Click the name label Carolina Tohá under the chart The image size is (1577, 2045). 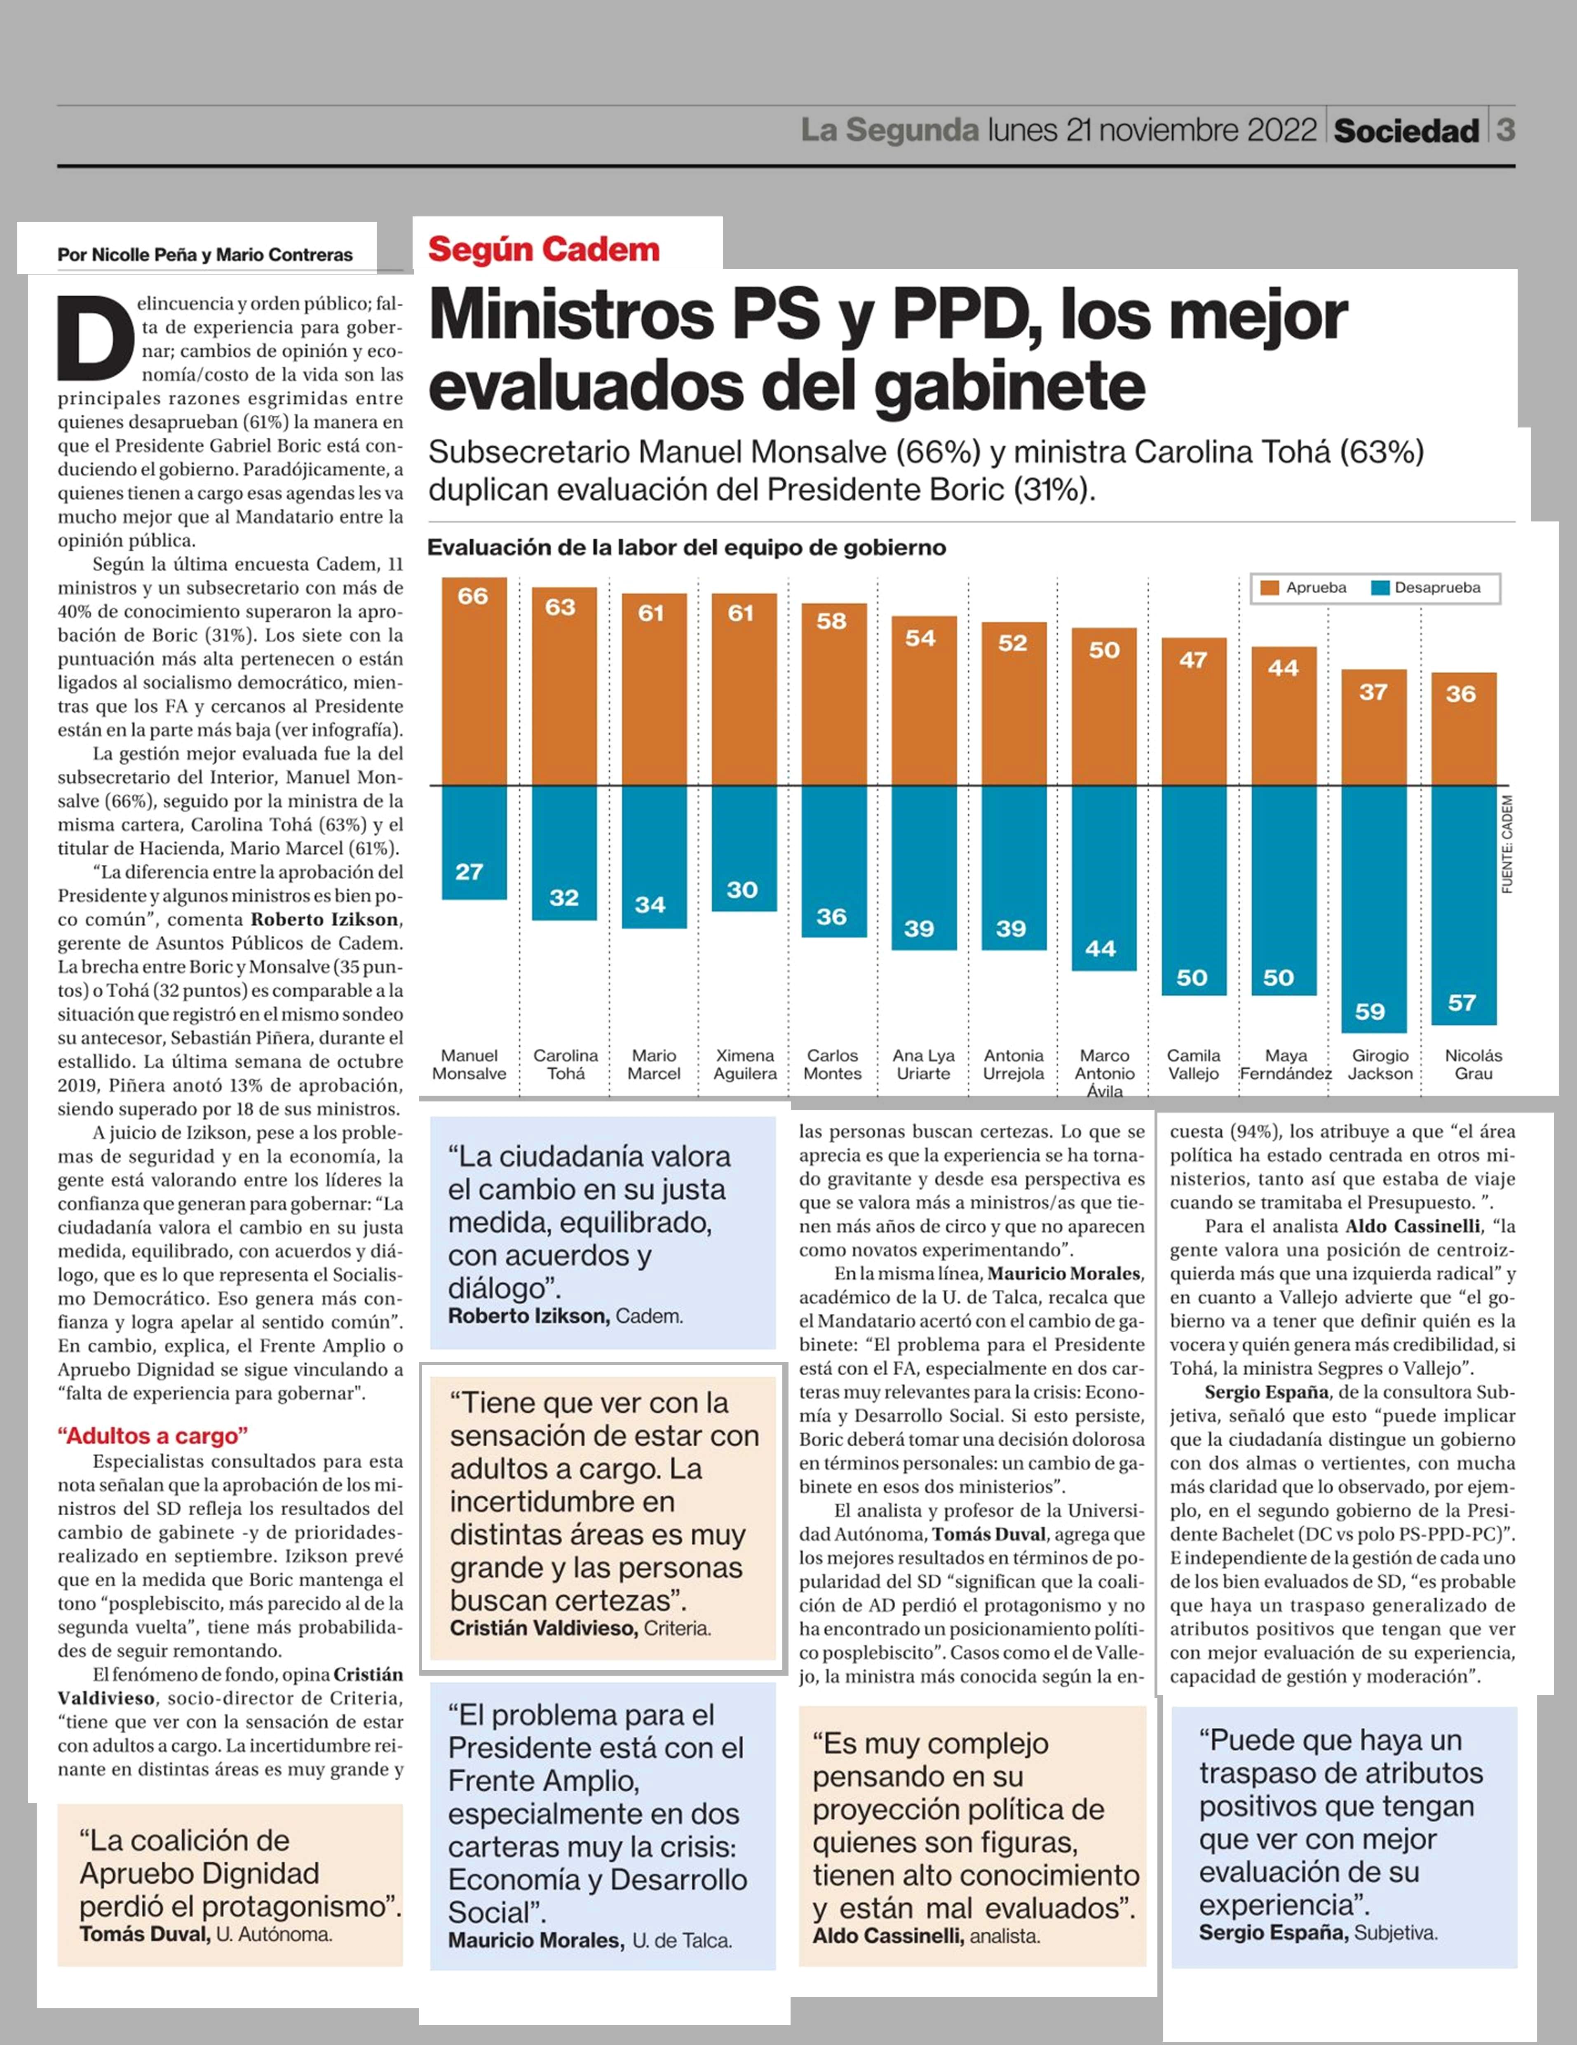pyautogui.click(x=566, y=1065)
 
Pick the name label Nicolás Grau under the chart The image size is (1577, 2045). pyautogui.click(x=1473, y=1065)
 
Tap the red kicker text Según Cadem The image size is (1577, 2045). pyautogui.click(x=544, y=250)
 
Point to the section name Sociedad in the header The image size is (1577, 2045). pyautogui.click(x=1406, y=131)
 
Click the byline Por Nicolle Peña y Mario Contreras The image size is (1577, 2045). pyautogui.click(x=205, y=255)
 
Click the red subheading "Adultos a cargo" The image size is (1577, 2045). pyautogui.click(x=153, y=1435)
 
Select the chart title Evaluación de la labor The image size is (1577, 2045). pyautogui.click(x=686, y=548)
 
